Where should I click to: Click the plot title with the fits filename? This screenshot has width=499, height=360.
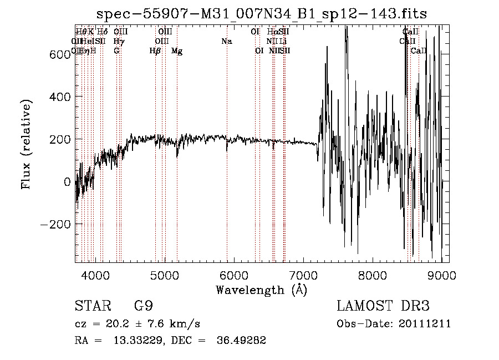[262, 13]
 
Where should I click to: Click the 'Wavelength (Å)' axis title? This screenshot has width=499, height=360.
[261, 290]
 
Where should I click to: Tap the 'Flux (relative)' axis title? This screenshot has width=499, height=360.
[27, 144]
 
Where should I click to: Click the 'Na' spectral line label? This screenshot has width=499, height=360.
[226, 42]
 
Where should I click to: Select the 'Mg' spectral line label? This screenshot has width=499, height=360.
[177, 51]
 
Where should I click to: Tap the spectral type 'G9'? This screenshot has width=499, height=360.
[143, 306]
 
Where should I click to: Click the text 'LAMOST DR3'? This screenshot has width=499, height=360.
[383, 306]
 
